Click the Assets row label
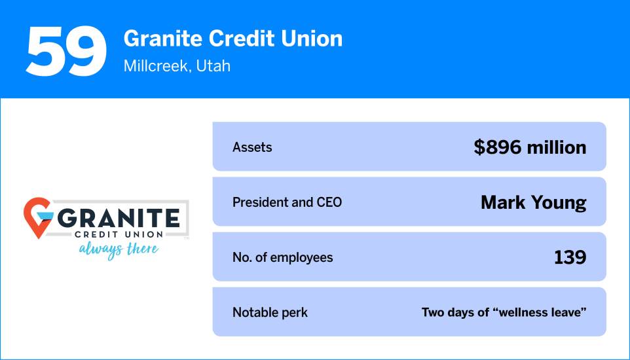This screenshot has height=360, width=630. pos(252,147)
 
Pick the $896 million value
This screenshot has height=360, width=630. pos(530,147)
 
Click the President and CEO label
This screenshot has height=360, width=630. pos(287,202)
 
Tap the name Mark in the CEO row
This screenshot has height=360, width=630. pos(503,202)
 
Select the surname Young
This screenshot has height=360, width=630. pos(559,203)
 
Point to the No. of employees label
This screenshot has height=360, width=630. pos(282,257)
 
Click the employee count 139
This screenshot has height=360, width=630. pos(570,257)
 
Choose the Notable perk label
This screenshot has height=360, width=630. pos(270,312)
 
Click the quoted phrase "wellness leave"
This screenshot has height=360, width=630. pos(542,312)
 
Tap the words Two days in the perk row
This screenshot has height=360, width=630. pos(450,312)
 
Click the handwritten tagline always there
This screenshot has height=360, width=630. pos(119,249)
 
